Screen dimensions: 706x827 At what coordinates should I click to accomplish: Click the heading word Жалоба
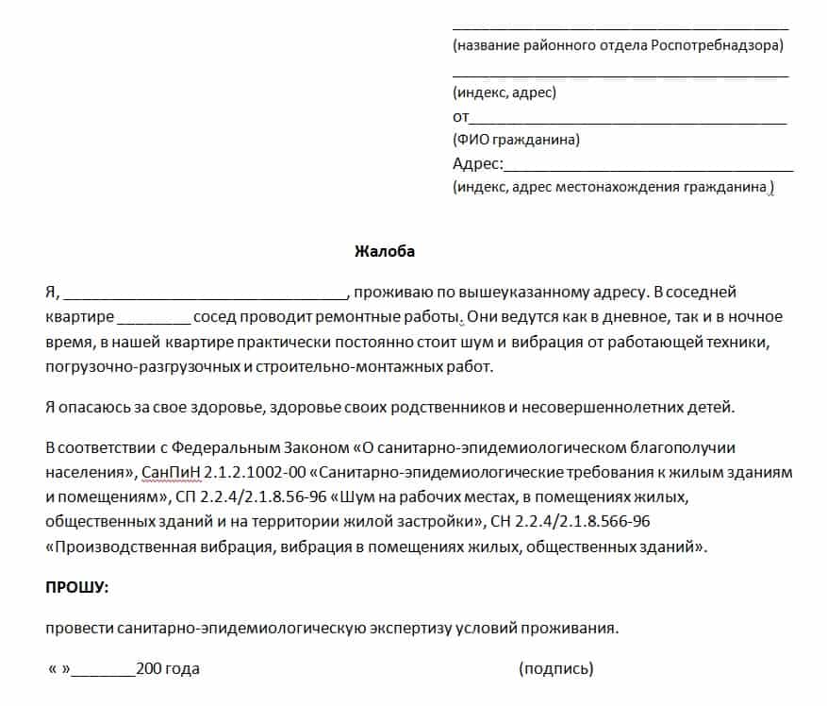point(384,252)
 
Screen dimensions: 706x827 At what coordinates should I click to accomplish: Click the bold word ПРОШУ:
point(77,587)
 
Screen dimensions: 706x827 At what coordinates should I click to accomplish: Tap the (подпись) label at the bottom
point(555,669)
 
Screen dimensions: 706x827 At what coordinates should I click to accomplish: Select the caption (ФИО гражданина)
point(516,141)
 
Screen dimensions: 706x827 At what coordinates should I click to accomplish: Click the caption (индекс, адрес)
point(504,92)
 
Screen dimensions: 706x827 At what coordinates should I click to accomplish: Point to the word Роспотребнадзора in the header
point(716,44)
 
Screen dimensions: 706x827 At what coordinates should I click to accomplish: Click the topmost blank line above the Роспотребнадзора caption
point(620,26)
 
